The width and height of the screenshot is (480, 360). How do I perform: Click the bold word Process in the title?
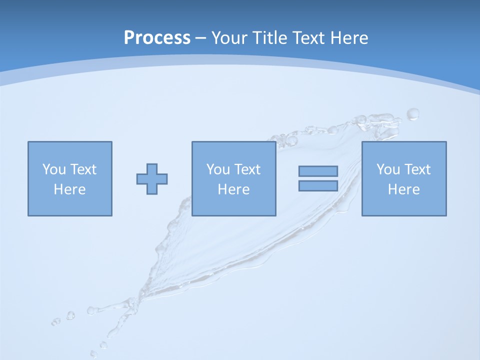(157, 38)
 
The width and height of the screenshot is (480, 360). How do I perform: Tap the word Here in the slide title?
(349, 38)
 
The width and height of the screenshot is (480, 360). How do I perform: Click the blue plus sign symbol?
(152, 179)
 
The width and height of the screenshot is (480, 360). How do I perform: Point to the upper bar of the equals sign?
(318, 171)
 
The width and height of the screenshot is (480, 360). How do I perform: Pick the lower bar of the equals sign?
(318, 185)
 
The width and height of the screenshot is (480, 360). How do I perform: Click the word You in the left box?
(53, 169)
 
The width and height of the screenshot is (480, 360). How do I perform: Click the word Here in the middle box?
(233, 189)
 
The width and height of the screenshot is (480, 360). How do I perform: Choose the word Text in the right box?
(417, 169)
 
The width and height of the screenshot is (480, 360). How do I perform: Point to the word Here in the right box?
(403, 189)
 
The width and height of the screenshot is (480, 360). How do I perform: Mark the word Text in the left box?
(83, 169)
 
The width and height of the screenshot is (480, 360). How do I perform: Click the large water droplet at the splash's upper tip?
(413, 114)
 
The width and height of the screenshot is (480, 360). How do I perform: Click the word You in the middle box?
(217, 169)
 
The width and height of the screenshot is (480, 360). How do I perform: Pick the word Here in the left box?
(69, 189)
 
